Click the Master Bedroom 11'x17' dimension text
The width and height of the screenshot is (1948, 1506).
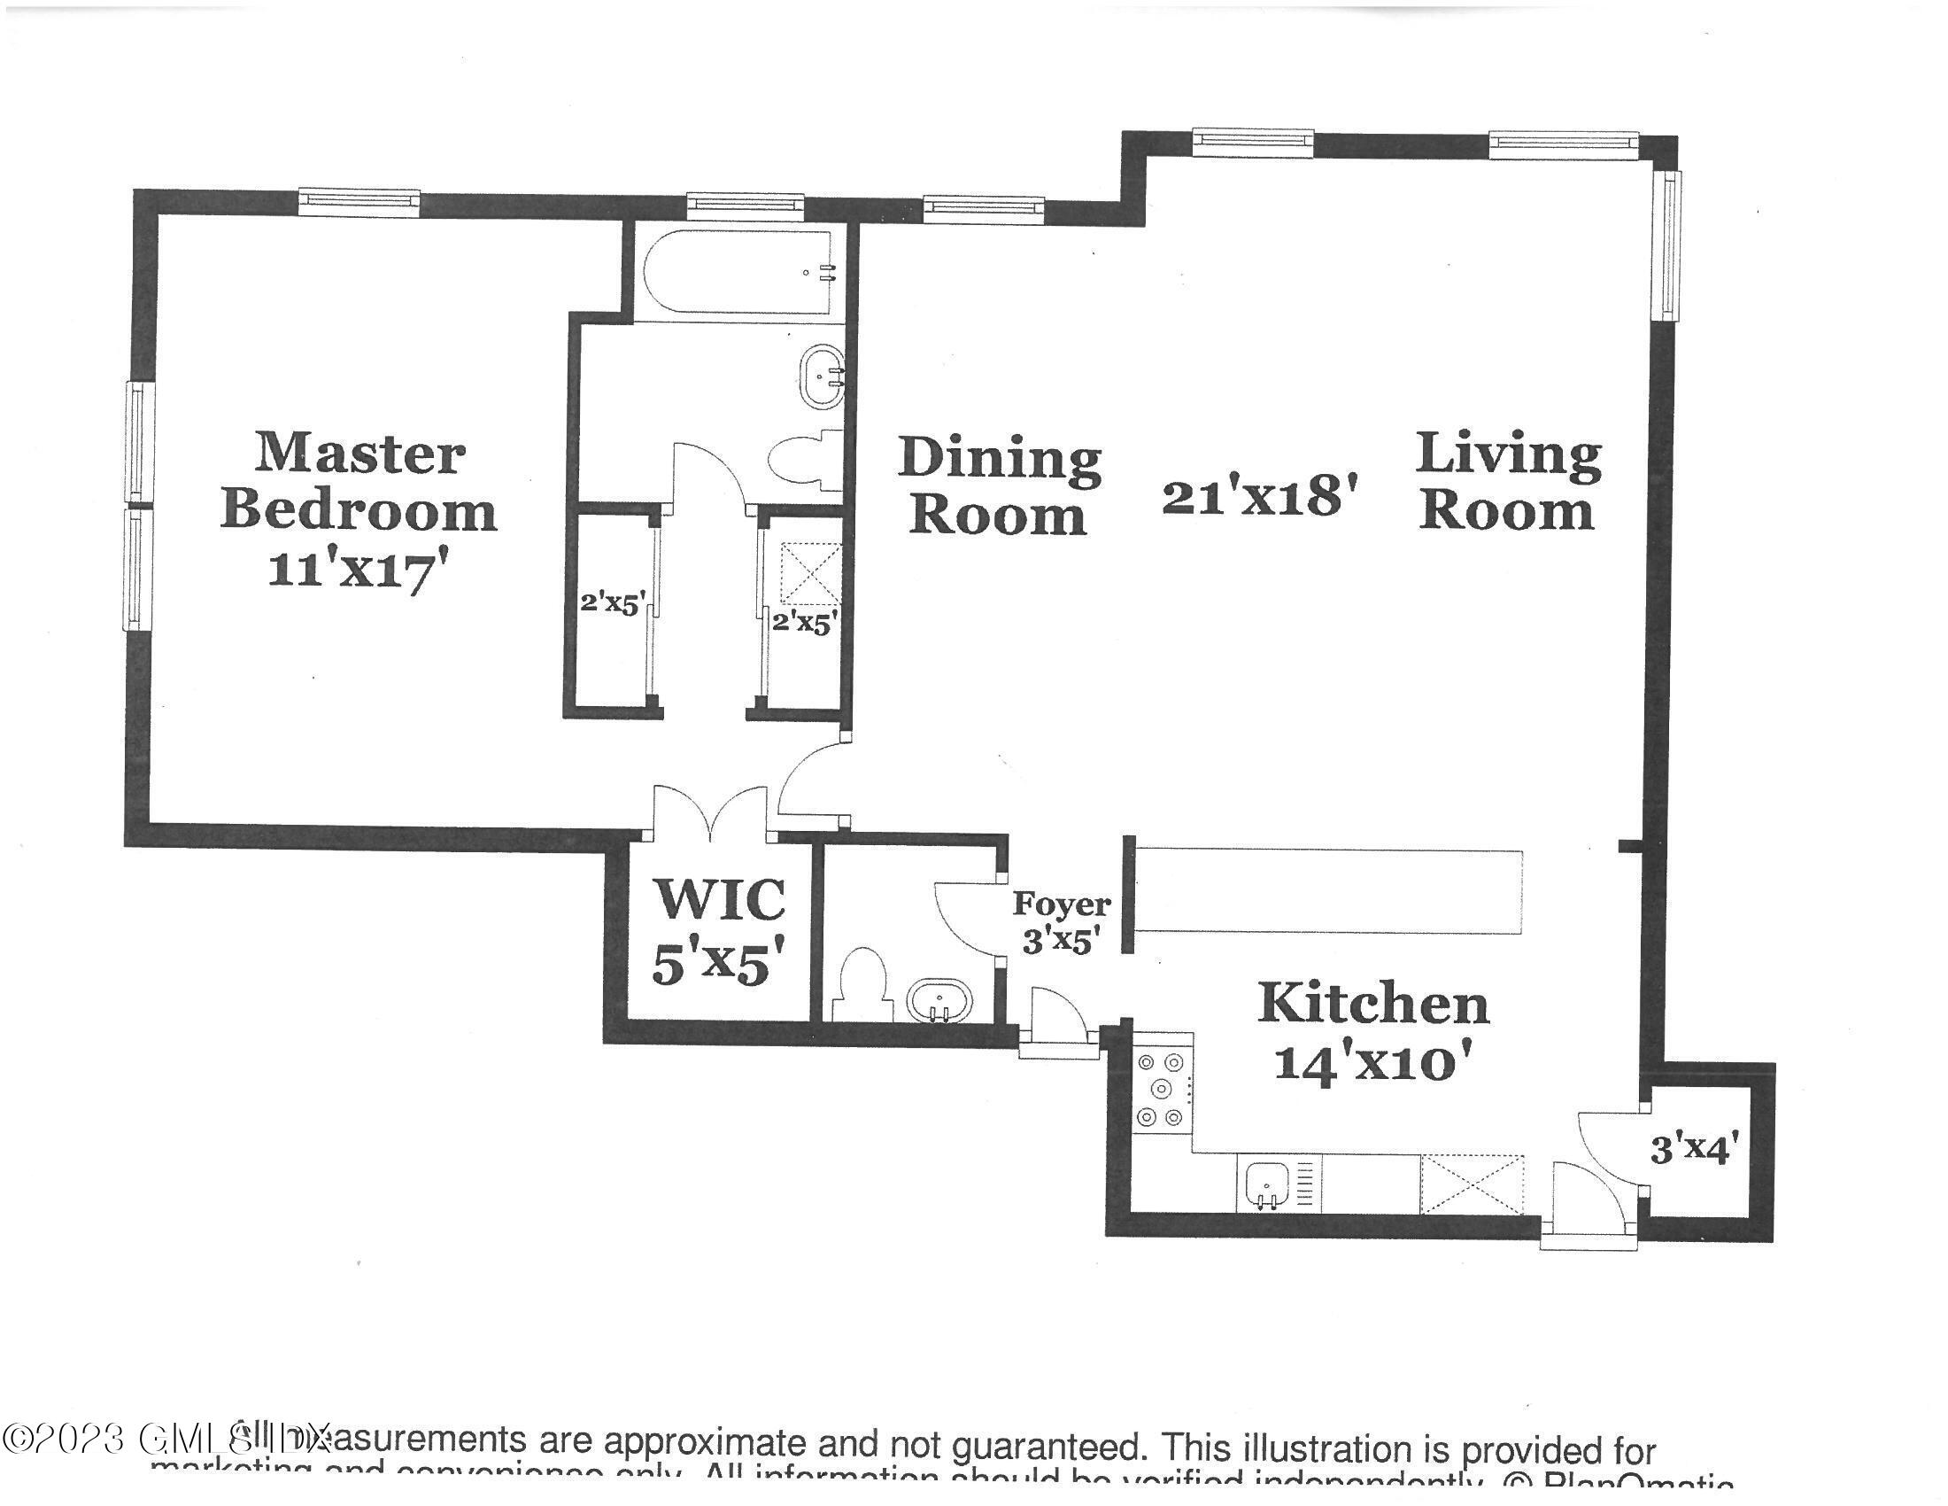pos(357,571)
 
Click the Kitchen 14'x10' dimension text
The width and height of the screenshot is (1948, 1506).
pos(1372,1062)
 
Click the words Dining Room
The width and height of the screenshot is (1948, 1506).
pos(999,486)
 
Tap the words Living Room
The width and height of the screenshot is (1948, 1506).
pos(1507,482)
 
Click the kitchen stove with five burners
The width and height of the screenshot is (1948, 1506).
pos(1161,1090)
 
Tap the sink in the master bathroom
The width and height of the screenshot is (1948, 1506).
pos(822,377)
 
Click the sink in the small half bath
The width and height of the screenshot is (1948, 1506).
pos(939,1001)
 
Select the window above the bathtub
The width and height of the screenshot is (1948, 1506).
pos(745,207)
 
